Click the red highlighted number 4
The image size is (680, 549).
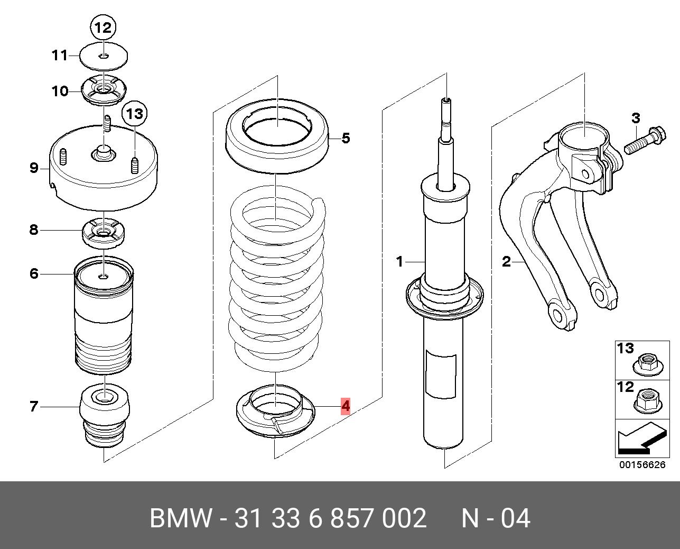pos(345,406)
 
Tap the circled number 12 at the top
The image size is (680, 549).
pos(103,28)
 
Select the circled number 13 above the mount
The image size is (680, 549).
pos(134,113)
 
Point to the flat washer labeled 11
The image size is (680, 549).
pos(104,56)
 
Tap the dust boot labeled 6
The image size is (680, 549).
pos(104,317)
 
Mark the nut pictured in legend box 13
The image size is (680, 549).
pos(647,364)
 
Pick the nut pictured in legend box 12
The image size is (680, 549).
pos(647,402)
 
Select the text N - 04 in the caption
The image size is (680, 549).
pos(495,518)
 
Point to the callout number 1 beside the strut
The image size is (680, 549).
pos(400,261)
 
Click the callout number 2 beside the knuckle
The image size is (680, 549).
pos(506,261)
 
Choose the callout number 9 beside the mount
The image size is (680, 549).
pos(34,168)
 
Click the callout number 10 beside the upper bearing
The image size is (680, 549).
pos(60,91)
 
